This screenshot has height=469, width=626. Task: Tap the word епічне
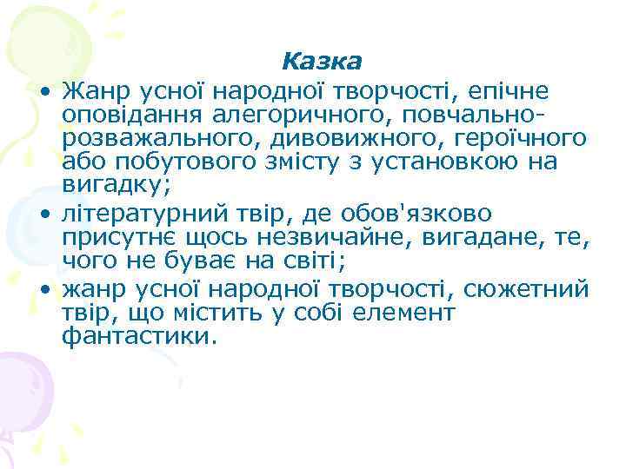pyautogui.click(x=523, y=89)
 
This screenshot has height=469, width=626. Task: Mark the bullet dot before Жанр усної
pyautogui.click(x=41, y=91)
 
